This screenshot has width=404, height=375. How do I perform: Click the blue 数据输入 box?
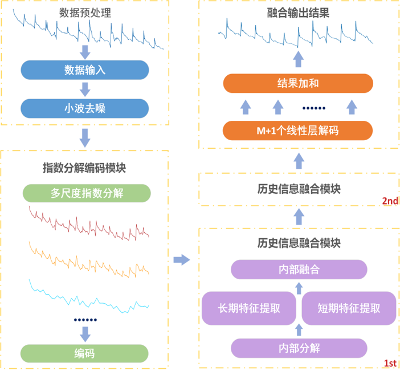tap(85, 70)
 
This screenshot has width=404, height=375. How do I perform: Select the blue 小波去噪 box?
tap(85, 107)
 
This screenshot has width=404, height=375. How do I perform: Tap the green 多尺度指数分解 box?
tap(87, 193)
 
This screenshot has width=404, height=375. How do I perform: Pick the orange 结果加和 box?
tap(297, 84)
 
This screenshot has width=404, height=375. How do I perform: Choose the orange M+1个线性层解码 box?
tap(297, 130)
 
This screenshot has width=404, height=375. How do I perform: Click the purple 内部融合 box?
tap(299, 269)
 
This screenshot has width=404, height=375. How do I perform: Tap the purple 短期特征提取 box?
tap(349, 308)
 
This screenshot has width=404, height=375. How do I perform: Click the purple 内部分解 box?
tap(299, 347)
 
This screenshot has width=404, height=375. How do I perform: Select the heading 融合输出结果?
tap(298, 11)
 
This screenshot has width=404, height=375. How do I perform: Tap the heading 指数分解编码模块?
tap(84, 168)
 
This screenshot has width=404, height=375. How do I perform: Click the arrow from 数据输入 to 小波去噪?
tap(85, 88)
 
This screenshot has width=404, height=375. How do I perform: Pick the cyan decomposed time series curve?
tap(88, 296)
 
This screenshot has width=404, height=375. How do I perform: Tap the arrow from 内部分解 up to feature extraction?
tap(299, 330)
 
